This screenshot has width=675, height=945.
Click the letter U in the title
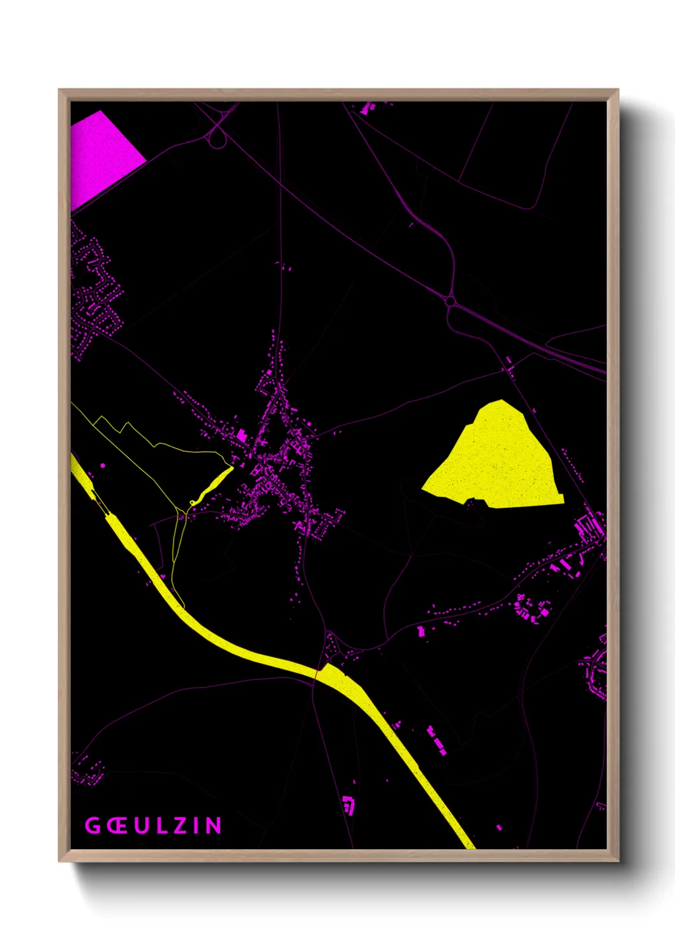(141, 826)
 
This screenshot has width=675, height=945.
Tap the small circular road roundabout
(451, 300)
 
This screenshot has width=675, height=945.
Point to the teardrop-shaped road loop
(217, 138)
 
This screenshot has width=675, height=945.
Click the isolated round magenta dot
(103, 465)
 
